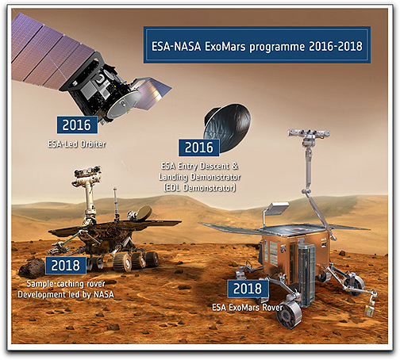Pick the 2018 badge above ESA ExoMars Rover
click(x=247, y=289)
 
